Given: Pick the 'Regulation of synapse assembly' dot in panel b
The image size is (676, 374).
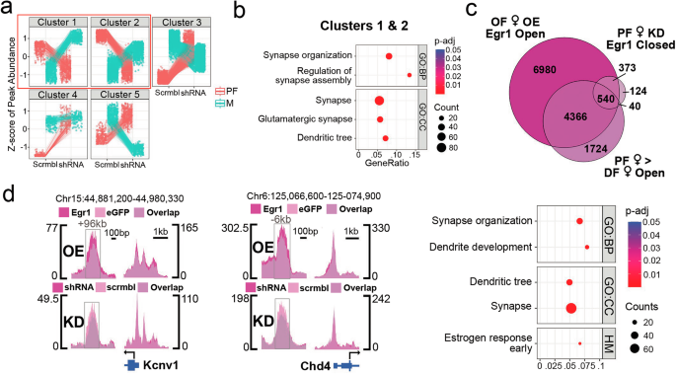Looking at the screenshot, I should pyautogui.click(x=410, y=74).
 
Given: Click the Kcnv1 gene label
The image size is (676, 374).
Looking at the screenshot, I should pyautogui.click(x=159, y=365).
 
